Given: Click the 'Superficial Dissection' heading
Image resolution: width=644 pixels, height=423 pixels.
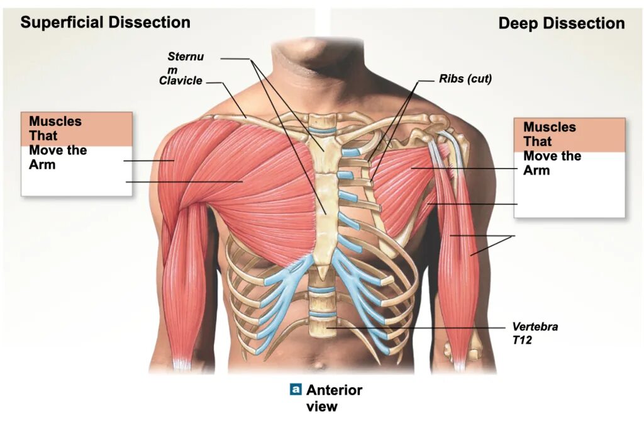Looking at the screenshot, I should coord(105,23).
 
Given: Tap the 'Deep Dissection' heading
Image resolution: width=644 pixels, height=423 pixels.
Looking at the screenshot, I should coord(561,24).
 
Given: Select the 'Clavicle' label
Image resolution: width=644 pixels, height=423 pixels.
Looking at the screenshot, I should coord(180,81).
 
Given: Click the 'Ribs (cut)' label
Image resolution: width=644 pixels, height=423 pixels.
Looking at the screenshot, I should coord(465,79).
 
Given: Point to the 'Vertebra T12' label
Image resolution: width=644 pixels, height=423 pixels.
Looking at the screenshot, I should coord(535,333).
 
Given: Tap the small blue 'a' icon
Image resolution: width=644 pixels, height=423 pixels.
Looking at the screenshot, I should coord(296,390).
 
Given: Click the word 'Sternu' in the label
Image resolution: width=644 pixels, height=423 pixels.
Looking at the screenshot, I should coord(186,57).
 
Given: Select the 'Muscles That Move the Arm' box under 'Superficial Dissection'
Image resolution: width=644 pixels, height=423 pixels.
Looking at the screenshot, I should coord(77,154).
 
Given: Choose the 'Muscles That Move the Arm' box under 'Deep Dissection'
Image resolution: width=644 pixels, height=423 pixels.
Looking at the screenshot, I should coord(569,167).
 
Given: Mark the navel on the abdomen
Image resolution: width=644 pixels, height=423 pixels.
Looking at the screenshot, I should coord(322,365).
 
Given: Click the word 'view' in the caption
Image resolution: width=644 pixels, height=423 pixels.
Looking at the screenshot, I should coord(321,407).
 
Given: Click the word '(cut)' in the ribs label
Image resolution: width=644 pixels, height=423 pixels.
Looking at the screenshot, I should coord(479,79).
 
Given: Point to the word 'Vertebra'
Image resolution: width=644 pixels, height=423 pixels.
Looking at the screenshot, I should coord(535,327).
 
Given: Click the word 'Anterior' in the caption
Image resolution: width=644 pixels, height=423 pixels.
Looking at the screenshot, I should coord(334,390).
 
